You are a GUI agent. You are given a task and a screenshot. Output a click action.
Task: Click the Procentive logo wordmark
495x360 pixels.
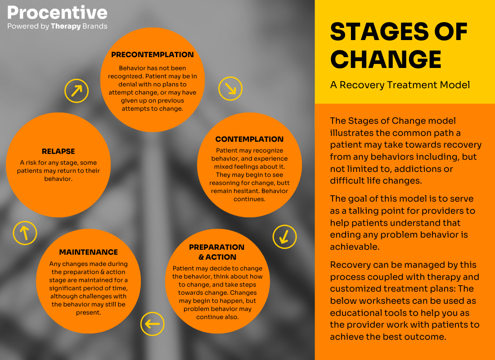(x=57, y=12)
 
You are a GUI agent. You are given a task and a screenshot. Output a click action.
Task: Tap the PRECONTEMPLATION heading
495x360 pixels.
(x=153, y=55)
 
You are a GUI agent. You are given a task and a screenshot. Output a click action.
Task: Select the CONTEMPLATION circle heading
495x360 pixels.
(x=249, y=139)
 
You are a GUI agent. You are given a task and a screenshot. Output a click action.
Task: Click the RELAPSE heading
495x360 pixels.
(x=58, y=152)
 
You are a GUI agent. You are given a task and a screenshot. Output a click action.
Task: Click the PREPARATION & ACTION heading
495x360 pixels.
(x=217, y=252)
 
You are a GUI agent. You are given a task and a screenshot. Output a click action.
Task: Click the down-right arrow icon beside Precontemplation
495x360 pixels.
(x=230, y=88)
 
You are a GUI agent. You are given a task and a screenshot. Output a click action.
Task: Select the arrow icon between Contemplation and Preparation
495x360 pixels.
(x=284, y=236)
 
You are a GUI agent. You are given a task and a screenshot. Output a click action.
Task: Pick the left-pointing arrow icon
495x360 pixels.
(x=152, y=324)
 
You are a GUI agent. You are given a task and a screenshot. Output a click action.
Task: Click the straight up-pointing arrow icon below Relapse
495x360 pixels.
(x=25, y=233)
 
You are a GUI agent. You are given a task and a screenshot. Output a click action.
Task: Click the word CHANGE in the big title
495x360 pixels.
(x=386, y=59)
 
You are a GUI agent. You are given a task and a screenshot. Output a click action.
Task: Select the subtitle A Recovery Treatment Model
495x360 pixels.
(x=400, y=85)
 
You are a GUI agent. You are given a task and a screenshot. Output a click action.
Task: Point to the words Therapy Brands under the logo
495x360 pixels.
(x=79, y=26)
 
